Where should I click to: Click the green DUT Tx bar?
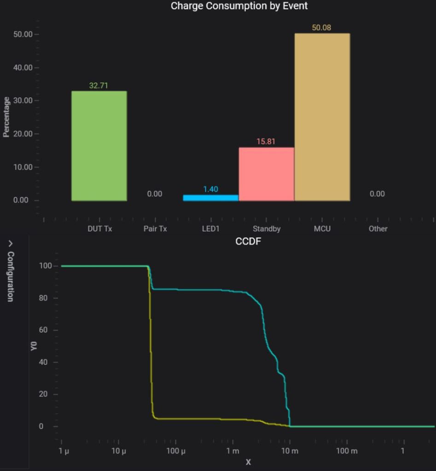click(x=99, y=146)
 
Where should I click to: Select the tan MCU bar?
click(x=322, y=117)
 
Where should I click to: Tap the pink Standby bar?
click(x=266, y=174)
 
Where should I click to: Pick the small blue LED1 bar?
click(x=210, y=198)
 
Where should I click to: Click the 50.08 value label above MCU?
click(x=321, y=28)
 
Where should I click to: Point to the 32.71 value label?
click(x=99, y=85)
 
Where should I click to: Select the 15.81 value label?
click(x=266, y=141)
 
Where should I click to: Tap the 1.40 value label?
click(x=210, y=189)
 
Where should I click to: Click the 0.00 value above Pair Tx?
click(x=155, y=194)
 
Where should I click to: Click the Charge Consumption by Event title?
click(x=239, y=6)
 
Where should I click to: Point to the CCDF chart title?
click(x=248, y=241)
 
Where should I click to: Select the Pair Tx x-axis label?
click(x=155, y=229)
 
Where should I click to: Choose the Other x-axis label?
click(x=378, y=229)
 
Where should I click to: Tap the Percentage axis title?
click(x=6, y=117)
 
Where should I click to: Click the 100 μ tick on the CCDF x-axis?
click(x=176, y=451)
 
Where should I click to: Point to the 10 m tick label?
click(x=290, y=451)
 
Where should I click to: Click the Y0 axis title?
click(x=34, y=346)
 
